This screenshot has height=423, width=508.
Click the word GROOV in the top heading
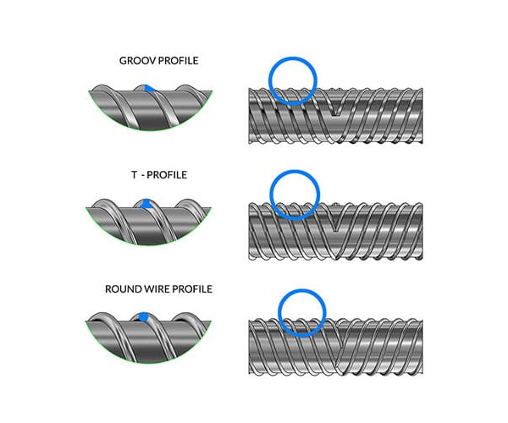click(135, 62)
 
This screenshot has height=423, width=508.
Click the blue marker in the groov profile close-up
click(147, 88)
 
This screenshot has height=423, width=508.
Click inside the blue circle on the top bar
click(293, 81)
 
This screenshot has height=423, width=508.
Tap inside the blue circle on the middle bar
click(293, 195)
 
